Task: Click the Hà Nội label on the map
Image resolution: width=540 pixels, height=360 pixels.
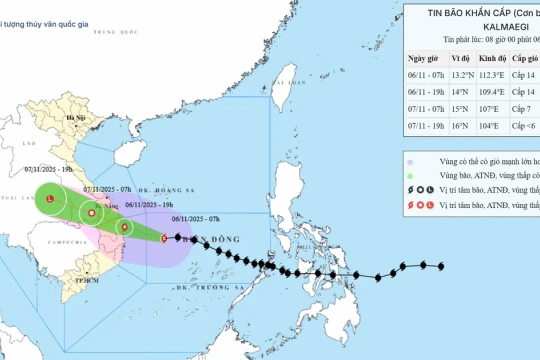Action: coord(72,118)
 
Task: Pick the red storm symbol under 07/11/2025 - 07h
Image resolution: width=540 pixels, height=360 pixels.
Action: coord(92,212)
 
